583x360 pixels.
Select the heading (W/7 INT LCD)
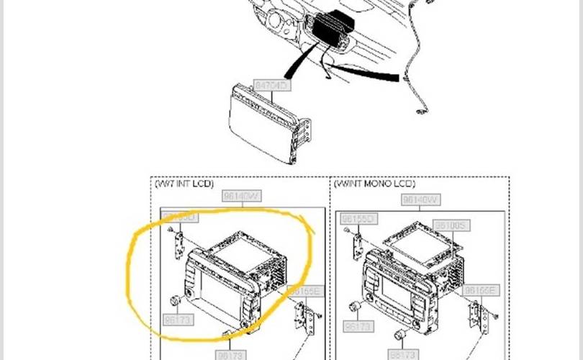(x=184, y=184)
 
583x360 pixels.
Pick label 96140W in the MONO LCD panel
(x=420, y=199)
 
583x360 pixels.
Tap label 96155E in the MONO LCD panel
(x=480, y=290)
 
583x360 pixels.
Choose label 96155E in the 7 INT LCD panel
(x=304, y=291)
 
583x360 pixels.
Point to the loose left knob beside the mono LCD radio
(x=354, y=308)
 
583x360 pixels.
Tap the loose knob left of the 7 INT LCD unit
(x=175, y=301)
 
